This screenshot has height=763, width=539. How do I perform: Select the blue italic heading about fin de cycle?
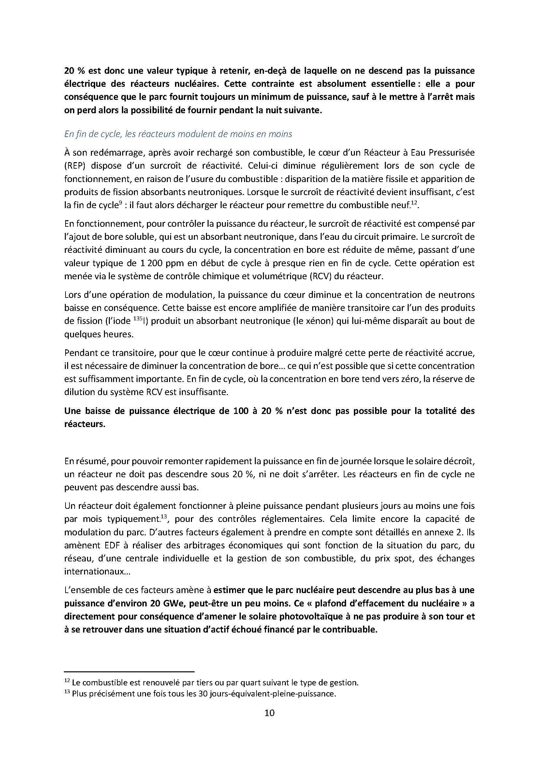tap(178, 134)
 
